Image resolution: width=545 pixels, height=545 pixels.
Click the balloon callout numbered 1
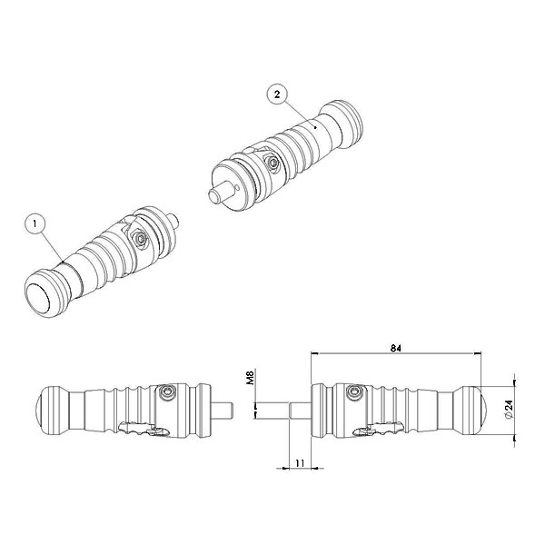(x=35, y=224)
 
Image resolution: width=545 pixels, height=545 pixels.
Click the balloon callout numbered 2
(x=277, y=94)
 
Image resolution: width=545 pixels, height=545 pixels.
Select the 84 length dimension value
(x=395, y=348)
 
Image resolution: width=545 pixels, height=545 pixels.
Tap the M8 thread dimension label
(x=251, y=378)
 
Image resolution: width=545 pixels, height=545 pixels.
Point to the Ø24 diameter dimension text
(x=509, y=410)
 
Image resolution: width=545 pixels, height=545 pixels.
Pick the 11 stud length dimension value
(x=300, y=463)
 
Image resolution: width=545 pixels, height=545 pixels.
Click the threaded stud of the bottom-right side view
(x=301, y=411)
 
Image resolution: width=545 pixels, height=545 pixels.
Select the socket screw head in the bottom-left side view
(x=165, y=392)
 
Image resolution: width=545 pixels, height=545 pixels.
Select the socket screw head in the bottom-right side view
(x=355, y=392)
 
